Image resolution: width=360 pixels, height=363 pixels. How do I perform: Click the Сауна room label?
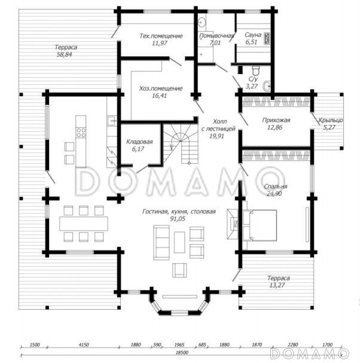point(253,35)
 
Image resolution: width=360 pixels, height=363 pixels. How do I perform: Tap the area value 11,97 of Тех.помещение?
point(160,43)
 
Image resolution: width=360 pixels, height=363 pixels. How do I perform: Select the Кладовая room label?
point(139,142)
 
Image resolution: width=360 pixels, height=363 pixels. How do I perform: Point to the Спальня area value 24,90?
point(274,194)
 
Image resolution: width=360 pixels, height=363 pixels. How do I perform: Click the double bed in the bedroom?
point(260,225)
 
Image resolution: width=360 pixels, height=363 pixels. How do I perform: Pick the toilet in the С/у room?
point(255,70)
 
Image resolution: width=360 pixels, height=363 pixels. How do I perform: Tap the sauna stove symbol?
point(267,38)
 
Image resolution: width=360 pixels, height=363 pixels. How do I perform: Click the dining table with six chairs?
point(84,224)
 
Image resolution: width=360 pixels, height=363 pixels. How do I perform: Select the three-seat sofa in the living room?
point(161,243)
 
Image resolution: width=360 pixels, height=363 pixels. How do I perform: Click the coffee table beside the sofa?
point(179,242)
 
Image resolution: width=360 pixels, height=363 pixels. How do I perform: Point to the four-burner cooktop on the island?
point(81,133)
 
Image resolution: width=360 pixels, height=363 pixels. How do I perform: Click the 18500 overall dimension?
point(182,353)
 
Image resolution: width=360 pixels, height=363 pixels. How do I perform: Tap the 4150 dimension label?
point(84,345)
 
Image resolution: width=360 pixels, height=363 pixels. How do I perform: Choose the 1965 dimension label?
point(179,345)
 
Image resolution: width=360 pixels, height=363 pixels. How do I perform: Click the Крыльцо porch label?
point(331,120)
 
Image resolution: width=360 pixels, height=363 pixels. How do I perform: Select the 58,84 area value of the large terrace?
point(65,54)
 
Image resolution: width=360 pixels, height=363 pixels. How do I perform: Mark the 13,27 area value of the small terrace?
point(277,285)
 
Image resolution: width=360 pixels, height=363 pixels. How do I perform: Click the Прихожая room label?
point(276,120)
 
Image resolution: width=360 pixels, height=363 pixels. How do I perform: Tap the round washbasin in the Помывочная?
point(202,23)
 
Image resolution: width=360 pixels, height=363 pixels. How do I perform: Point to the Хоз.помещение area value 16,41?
point(160,96)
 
